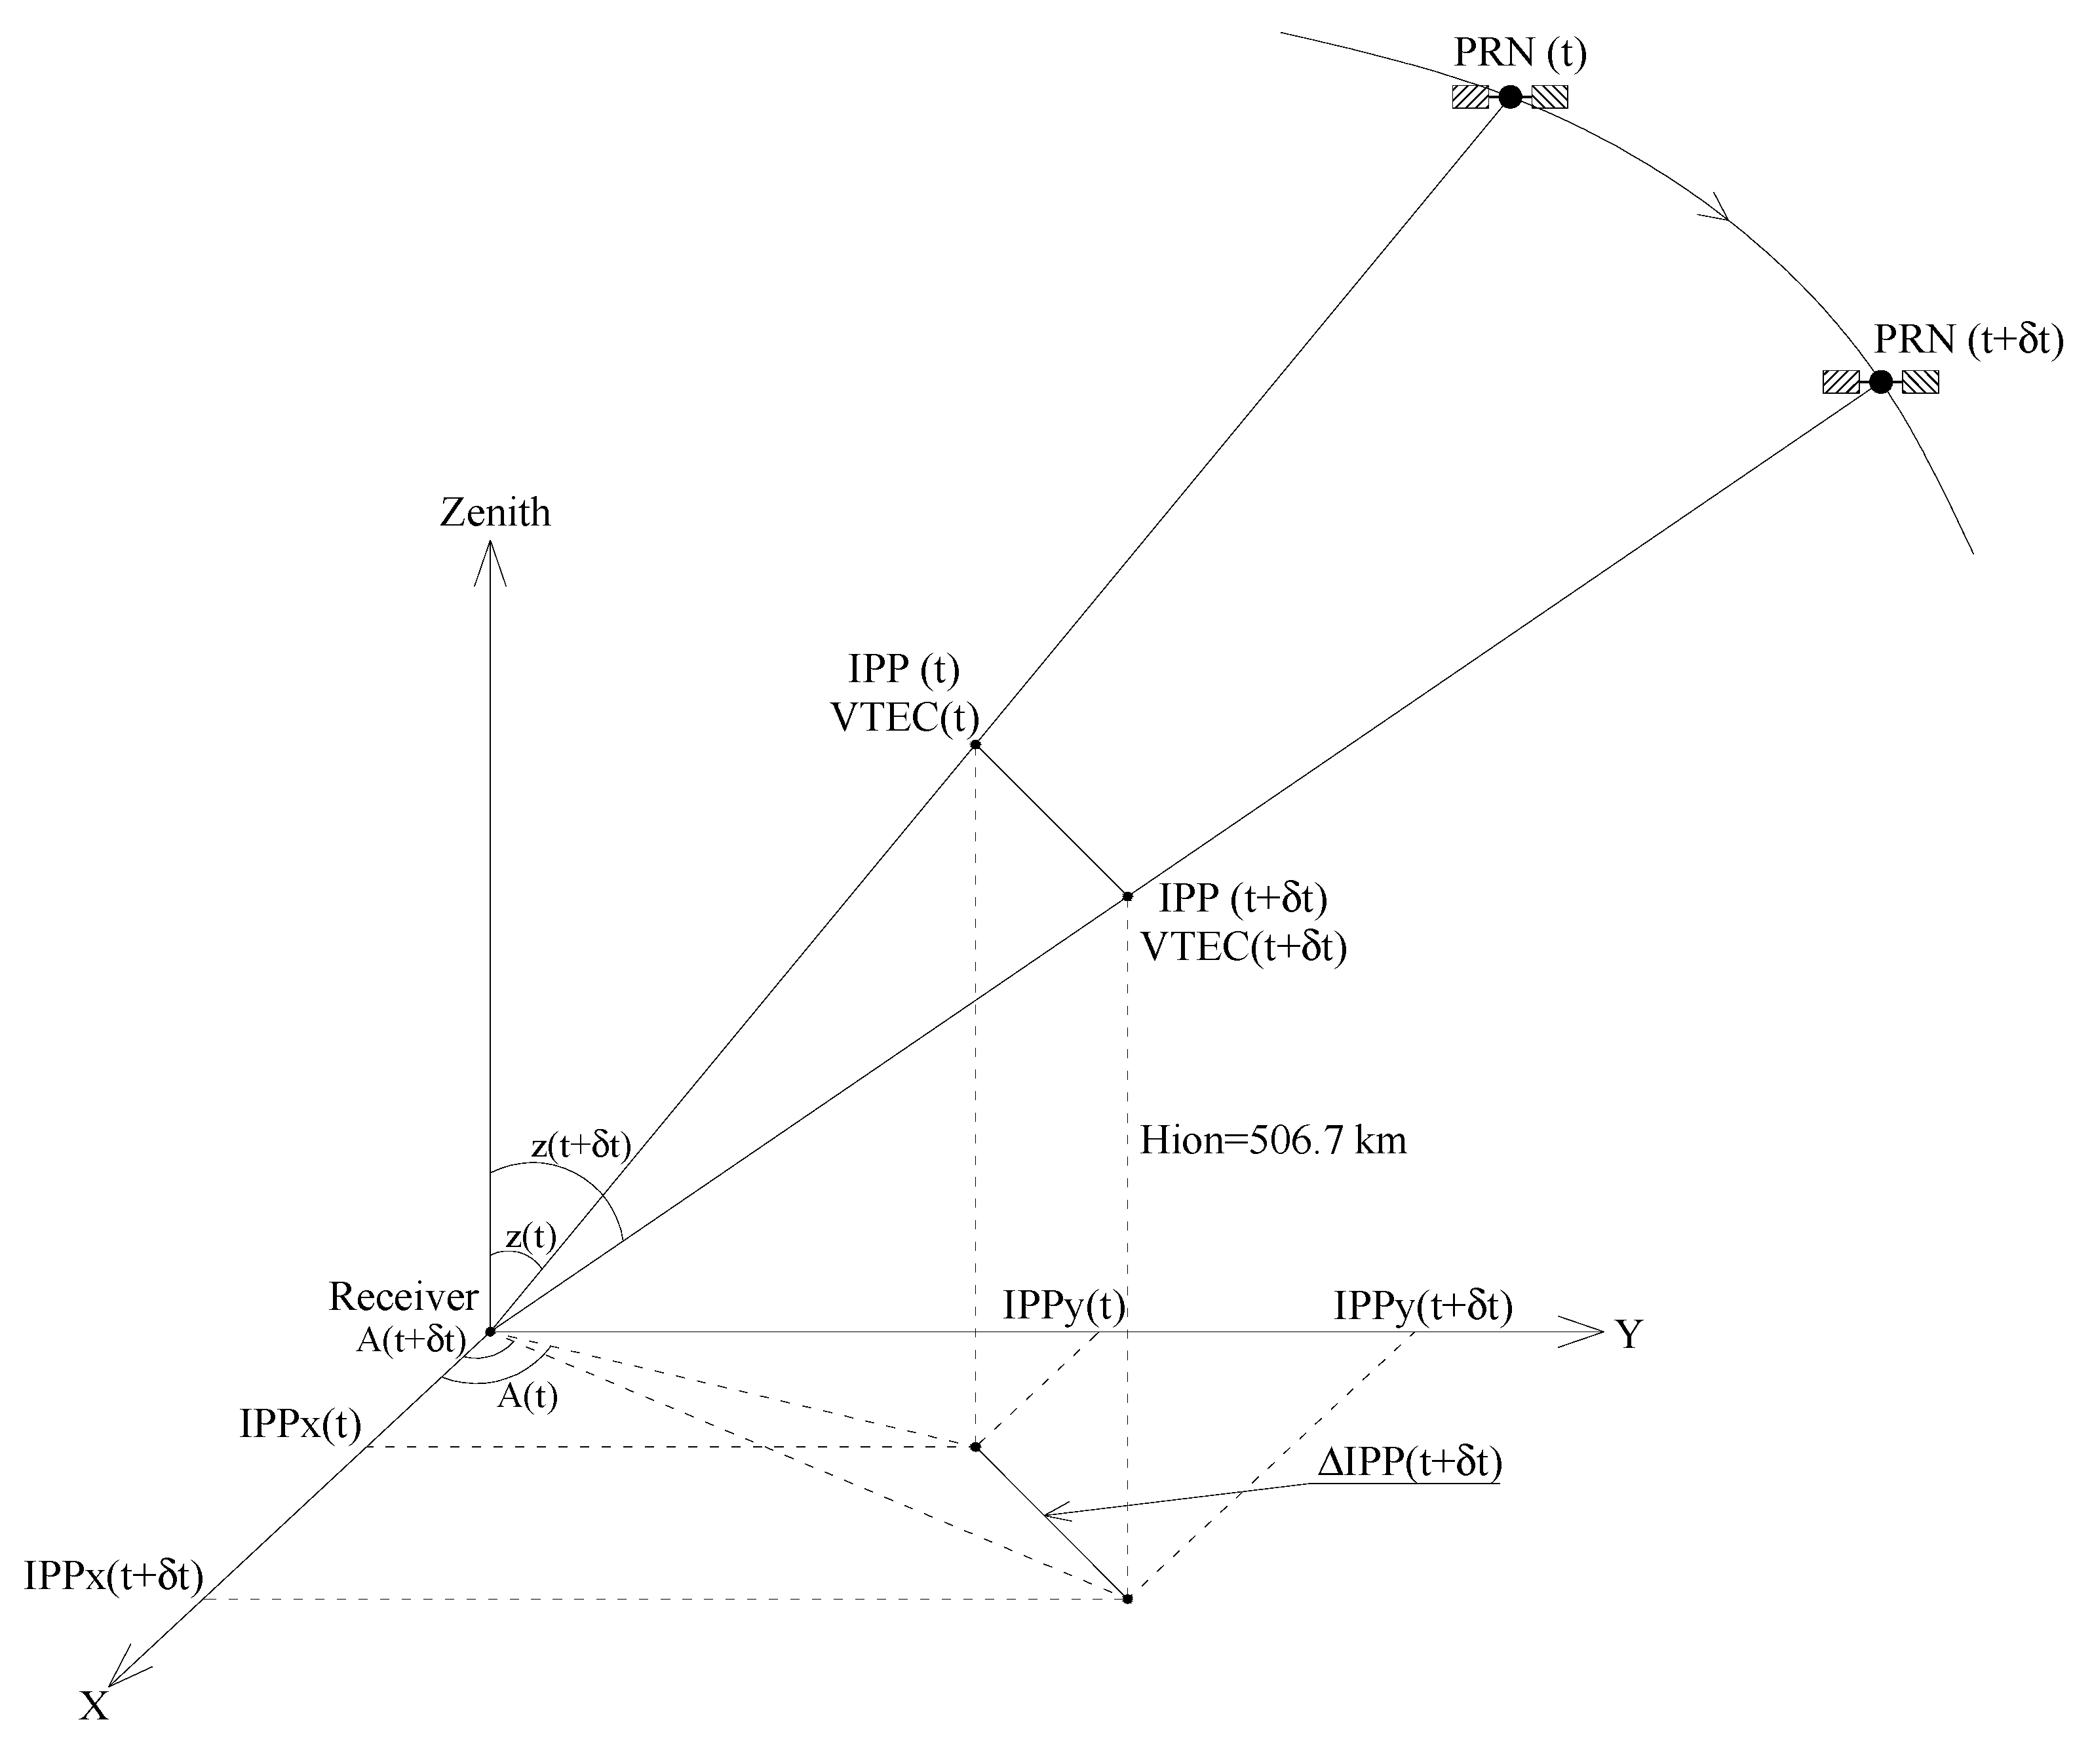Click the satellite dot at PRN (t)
pos(1510,96)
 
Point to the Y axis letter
pos(1629,1335)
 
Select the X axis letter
pos(94,1706)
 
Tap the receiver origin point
pos(490,1332)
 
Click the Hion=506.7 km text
pos(1273,1140)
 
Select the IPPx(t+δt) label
pos(113,1576)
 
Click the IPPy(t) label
pos(1064,1305)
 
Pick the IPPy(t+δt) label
pos(1423,1305)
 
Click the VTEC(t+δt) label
pos(1243,946)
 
